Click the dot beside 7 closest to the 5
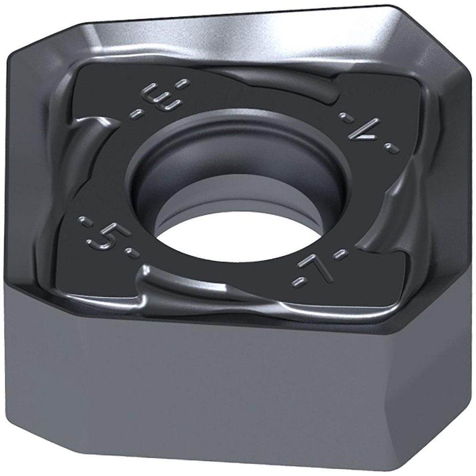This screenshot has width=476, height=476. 297,285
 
